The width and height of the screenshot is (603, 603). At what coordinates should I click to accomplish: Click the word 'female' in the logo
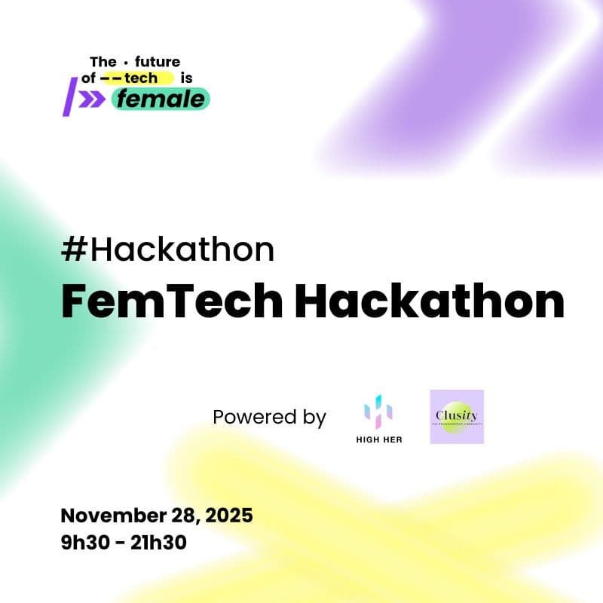[160, 99]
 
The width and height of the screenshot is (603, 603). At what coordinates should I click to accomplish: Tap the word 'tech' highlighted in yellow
[142, 78]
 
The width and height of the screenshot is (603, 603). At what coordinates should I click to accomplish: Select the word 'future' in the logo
[158, 62]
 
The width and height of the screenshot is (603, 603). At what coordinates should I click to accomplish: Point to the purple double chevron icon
[93, 99]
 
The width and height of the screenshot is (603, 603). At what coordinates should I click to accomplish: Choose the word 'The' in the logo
[103, 62]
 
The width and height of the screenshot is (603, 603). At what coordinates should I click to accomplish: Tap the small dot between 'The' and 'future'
[125, 62]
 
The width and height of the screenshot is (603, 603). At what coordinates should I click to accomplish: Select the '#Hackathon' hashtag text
[167, 249]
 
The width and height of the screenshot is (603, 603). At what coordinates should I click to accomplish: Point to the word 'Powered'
[249, 417]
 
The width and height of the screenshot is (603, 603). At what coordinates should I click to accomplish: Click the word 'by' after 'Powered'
[312, 418]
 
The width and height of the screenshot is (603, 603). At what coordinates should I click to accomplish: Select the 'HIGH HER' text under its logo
[378, 440]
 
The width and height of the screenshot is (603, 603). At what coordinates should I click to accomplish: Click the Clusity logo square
[457, 416]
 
